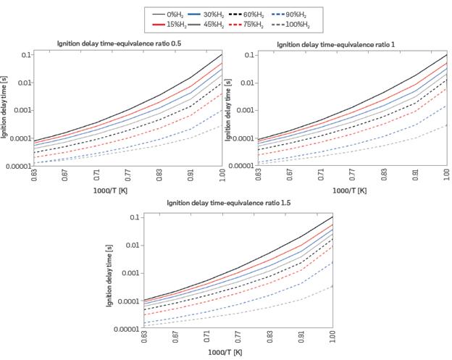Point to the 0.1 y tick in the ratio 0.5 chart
[26, 55]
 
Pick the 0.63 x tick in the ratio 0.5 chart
[34, 176]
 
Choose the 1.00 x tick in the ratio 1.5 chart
[332, 338]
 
